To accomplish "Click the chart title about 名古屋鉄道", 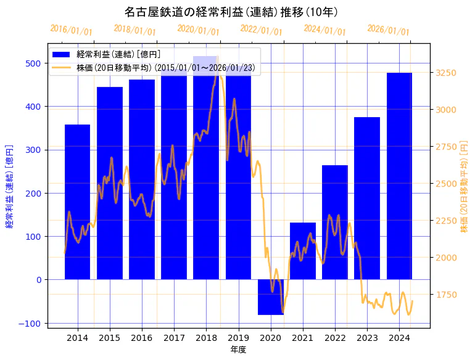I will (x=231, y=12).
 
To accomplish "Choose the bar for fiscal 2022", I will (x=335, y=222).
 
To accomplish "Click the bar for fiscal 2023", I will (x=367, y=198).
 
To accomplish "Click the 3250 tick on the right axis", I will (x=445, y=73).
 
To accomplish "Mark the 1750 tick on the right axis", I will (x=445, y=295).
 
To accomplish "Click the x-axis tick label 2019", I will (x=239, y=337).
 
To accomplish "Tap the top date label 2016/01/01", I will (x=71, y=30).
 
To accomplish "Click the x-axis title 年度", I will (x=238, y=349).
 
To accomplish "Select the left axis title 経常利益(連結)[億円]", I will (x=9, y=186).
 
